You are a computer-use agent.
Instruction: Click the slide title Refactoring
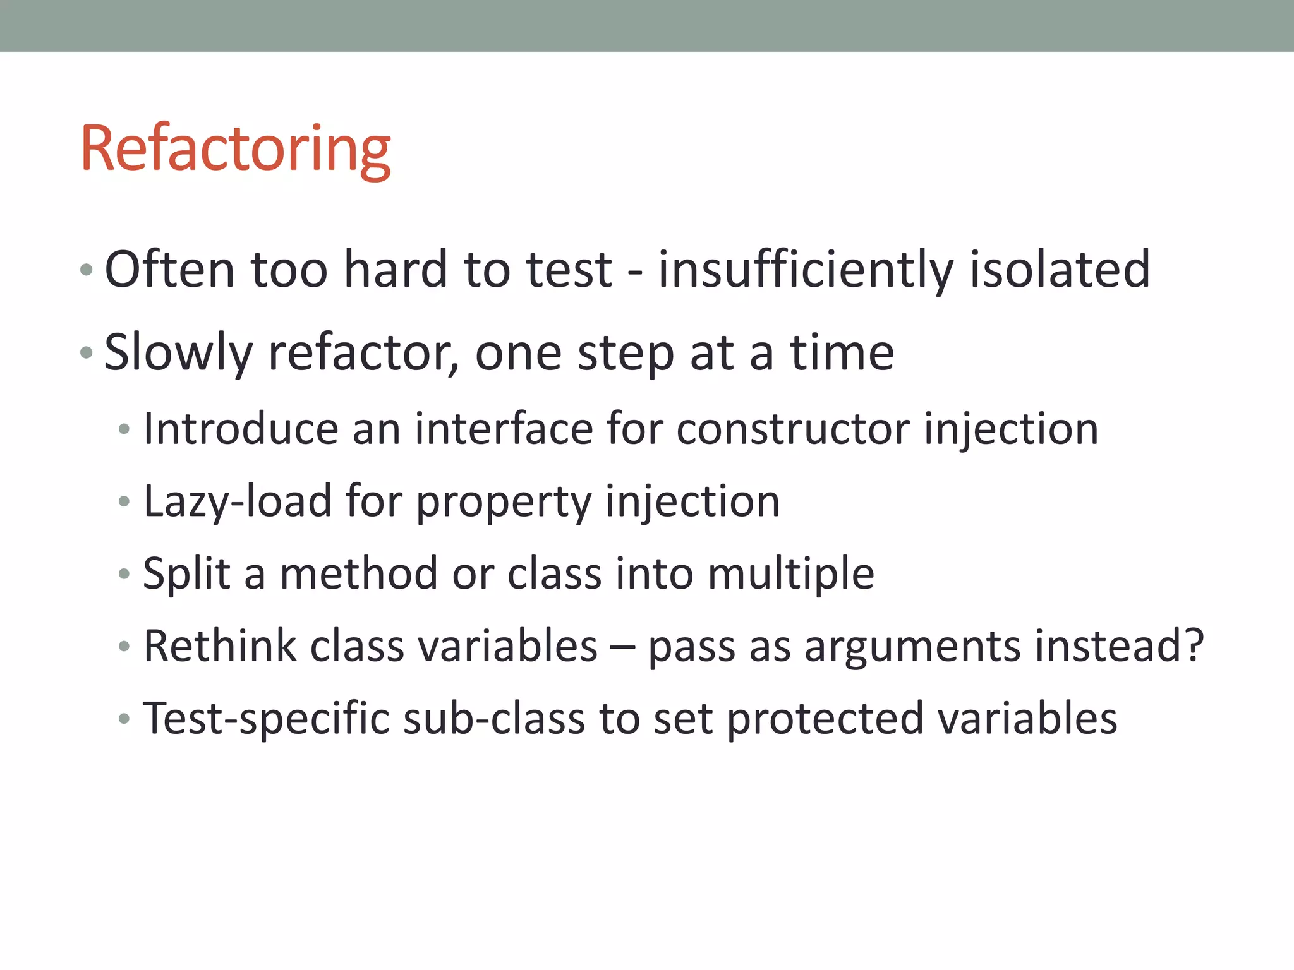[235, 149]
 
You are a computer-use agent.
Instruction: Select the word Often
[169, 269]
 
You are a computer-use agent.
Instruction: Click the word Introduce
[241, 429]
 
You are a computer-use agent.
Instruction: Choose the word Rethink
[220, 647]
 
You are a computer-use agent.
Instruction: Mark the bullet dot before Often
[87, 270]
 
